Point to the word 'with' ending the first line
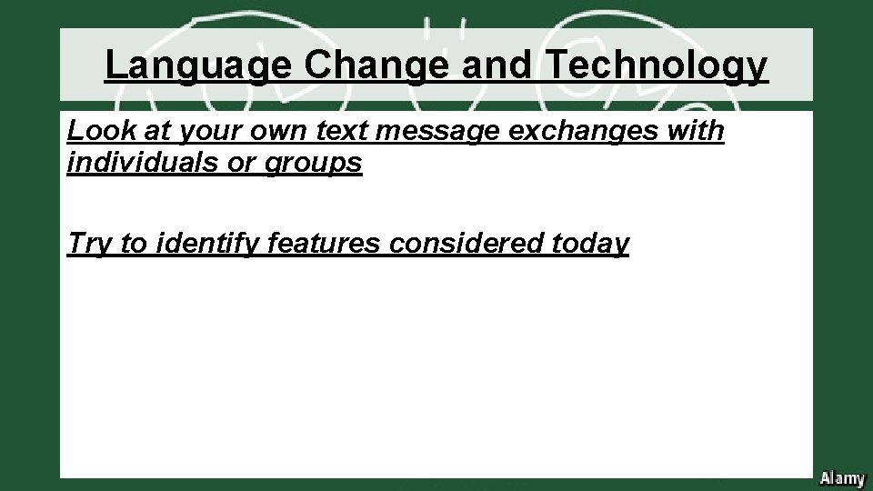697,132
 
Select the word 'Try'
89,243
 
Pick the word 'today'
591,243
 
